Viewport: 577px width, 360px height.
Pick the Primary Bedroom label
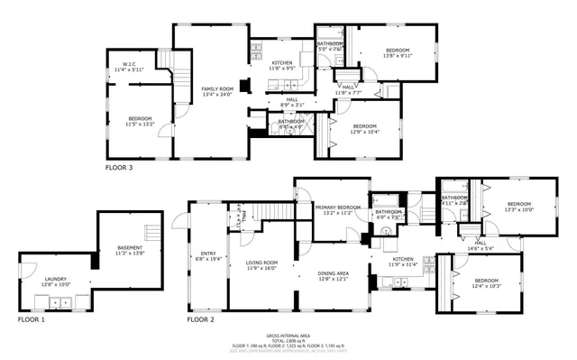(338, 210)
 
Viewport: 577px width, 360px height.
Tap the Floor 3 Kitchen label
(281, 64)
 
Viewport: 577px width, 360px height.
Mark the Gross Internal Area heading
(288, 335)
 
